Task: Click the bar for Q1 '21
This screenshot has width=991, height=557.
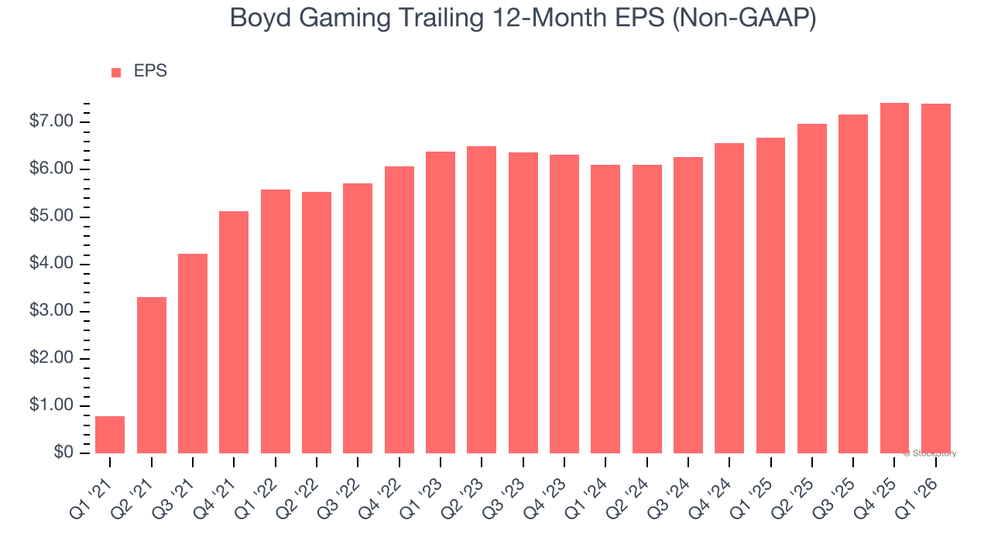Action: [110, 435]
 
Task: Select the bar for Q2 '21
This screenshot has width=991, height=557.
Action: [152, 375]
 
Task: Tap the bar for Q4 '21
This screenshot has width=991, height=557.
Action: [234, 332]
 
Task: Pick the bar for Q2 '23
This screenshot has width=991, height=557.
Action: [482, 299]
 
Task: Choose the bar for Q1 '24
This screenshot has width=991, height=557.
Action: [605, 309]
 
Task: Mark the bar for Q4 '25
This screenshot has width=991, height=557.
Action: [894, 278]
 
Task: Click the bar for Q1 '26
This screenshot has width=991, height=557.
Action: [935, 278]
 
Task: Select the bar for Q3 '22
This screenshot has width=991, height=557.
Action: [358, 318]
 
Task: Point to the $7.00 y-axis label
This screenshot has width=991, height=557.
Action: [51, 122]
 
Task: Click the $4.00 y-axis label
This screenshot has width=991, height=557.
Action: [51, 265]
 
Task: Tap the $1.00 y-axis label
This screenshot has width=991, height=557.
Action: [51, 406]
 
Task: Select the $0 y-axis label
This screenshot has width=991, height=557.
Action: [63, 453]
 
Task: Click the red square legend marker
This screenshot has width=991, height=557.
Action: [116, 73]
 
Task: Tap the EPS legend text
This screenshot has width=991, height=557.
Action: [150, 72]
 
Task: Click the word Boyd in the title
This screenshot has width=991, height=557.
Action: [260, 19]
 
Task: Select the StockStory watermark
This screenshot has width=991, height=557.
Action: [930, 453]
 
